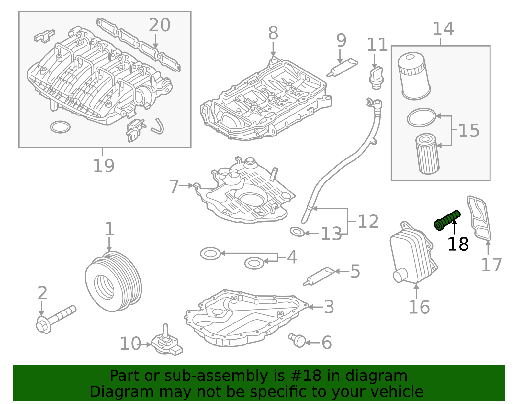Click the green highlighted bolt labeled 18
[447, 220]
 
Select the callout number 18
[458, 244]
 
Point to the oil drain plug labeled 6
[298, 340]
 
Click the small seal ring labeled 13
[297, 232]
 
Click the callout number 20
[159, 25]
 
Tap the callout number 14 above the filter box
[443, 29]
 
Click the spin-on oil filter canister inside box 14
[413, 76]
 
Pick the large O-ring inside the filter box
[422, 117]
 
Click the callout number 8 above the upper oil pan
[273, 33]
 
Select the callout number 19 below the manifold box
[104, 166]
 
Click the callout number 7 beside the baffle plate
[174, 187]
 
